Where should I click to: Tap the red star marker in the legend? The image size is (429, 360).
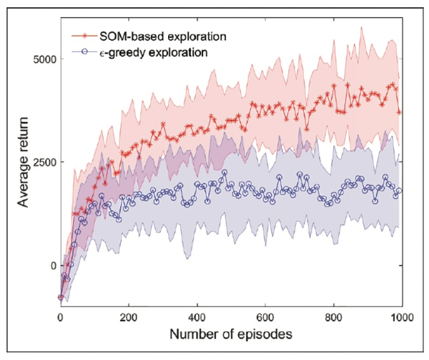click(x=86, y=34)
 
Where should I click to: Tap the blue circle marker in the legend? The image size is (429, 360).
click(x=86, y=51)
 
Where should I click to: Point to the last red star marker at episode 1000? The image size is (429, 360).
click(x=399, y=112)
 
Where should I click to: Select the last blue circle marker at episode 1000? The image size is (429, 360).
click(x=399, y=191)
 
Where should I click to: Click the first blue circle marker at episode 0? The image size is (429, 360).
click(x=61, y=297)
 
